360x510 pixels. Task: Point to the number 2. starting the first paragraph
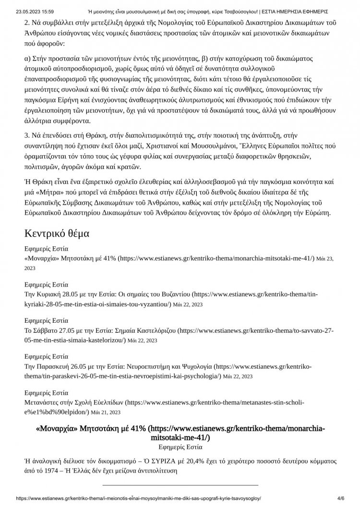coord(27,23)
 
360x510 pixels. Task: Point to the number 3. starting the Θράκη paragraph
coord(27,143)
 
